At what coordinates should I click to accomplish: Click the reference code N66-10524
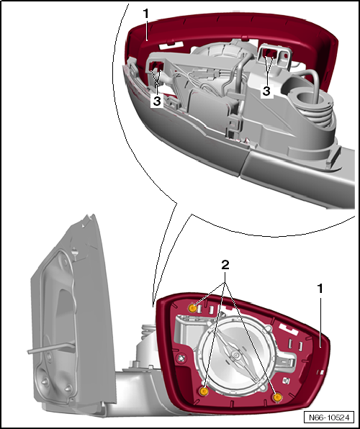click(329, 417)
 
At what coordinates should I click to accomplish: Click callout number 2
click(225, 265)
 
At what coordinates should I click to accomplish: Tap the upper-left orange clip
click(192, 309)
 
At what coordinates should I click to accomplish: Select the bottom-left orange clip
click(204, 392)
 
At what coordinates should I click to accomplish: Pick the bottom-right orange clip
click(277, 397)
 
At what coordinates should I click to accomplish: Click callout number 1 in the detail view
click(146, 14)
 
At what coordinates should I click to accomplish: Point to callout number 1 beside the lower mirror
click(320, 289)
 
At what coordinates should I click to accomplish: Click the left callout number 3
click(156, 101)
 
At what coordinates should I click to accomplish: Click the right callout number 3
click(266, 91)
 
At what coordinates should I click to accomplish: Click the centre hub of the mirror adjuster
click(235, 355)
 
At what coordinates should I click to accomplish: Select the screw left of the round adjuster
click(181, 358)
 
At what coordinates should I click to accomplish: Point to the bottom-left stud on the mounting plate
click(45, 381)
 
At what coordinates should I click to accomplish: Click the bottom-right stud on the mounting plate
click(68, 389)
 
